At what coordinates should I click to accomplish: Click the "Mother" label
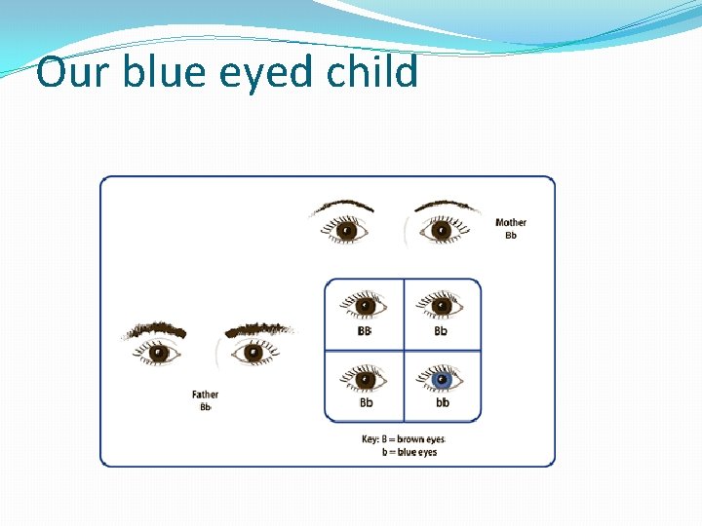click(511, 223)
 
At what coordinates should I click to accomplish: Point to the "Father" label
click(205, 394)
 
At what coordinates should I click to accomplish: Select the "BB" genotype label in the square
click(366, 331)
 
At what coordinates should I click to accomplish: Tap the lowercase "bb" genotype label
click(443, 402)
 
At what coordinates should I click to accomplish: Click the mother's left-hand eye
click(346, 231)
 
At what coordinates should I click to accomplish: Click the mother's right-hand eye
click(441, 231)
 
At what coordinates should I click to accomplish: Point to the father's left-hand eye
click(159, 353)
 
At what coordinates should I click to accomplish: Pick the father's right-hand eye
click(253, 353)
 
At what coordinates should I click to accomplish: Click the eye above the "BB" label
click(366, 305)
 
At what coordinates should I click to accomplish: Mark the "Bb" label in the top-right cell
click(441, 331)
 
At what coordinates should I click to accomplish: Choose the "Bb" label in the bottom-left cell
click(366, 402)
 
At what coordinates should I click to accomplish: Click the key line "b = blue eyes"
click(409, 452)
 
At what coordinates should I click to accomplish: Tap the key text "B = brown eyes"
click(409, 439)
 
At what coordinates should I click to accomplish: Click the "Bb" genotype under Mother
click(511, 235)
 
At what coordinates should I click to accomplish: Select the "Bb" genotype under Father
click(205, 406)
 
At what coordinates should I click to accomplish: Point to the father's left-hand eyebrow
click(155, 329)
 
